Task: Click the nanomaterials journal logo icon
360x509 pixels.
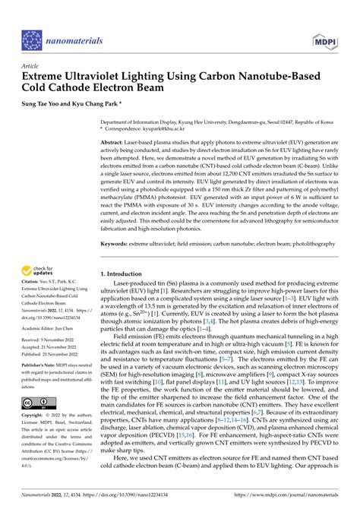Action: coord(31,40)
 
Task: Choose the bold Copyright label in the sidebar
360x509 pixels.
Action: coord(35,416)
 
